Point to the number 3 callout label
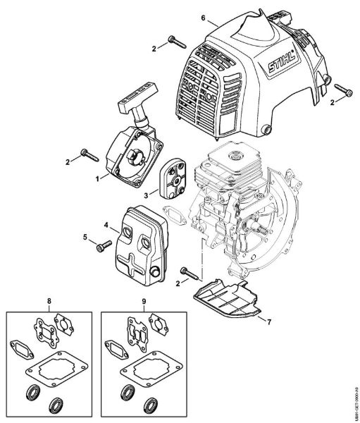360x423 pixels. coord(144,192)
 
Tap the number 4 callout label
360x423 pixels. coord(106,226)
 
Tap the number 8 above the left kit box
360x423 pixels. coord(49,303)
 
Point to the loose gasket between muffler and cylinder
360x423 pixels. coord(173,213)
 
